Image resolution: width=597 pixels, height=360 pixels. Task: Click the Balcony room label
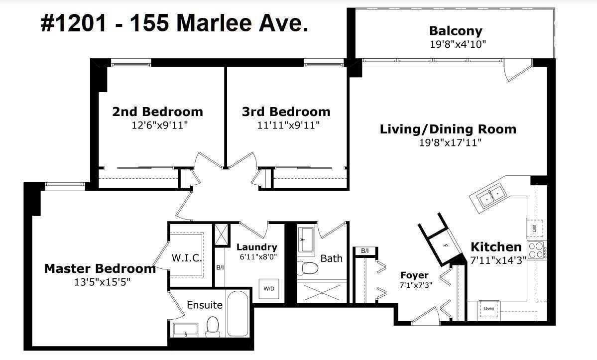point(456,31)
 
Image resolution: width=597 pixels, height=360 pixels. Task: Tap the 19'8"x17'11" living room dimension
point(451,143)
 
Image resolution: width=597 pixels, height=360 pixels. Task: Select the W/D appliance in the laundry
point(269,288)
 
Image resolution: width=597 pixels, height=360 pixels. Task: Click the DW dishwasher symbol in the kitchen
point(535,229)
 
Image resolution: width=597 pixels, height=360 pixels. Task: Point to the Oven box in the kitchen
point(488,308)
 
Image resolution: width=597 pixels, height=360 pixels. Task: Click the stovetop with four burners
point(536,250)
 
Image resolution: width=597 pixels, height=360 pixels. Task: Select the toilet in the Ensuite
point(213,327)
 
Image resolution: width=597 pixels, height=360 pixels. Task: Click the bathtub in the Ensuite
point(238,314)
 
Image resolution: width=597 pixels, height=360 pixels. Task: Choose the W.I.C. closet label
point(186,258)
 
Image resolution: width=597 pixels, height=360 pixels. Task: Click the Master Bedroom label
point(100,269)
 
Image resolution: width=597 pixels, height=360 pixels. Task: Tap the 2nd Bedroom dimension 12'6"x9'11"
point(160,125)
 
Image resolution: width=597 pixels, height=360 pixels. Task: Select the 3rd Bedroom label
point(286,112)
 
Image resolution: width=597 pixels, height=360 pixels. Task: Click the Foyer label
point(414,275)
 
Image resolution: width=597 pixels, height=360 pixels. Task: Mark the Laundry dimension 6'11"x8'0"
point(258,257)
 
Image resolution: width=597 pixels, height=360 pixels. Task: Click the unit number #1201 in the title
point(74,23)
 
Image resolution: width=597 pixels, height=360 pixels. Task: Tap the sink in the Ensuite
point(185,330)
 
